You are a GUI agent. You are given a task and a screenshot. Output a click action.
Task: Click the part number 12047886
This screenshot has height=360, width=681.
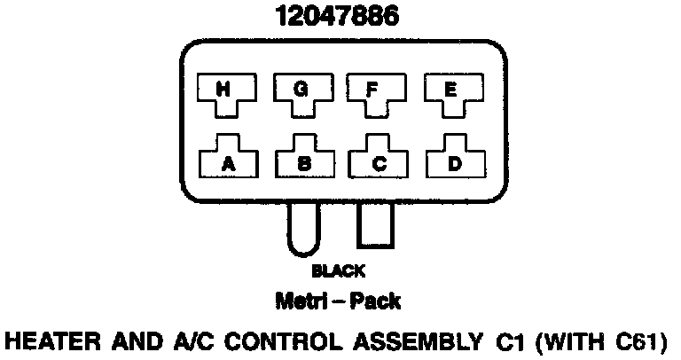[336, 17]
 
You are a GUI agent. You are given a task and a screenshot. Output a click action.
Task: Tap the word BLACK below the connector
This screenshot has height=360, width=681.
[338, 272]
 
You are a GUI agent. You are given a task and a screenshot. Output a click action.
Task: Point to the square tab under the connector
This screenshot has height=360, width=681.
[374, 227]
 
